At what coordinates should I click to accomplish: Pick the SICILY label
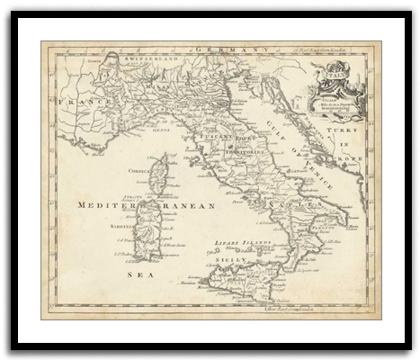point(228,259)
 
